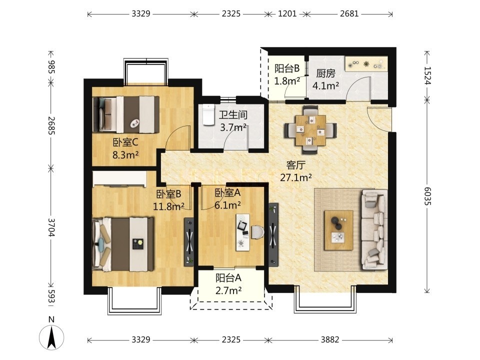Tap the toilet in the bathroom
(209, 115)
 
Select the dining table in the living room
(310, 130)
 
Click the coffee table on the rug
(339, 230)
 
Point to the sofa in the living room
(374, 229)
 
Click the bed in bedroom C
(126, 114)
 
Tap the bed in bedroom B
(123, 244)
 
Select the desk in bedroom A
(243, 232)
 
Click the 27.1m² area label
(296, 177)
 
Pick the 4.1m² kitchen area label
(325, 85)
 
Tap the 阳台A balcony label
(228, 278)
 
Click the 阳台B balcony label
(287, 68)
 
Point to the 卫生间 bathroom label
(233, 115)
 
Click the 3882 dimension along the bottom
(330, 340)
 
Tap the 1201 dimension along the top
(287, 14)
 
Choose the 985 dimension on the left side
(51, 66)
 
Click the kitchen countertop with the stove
(366, 64)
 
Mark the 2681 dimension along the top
(349, 14)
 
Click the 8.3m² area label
(126, 155)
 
